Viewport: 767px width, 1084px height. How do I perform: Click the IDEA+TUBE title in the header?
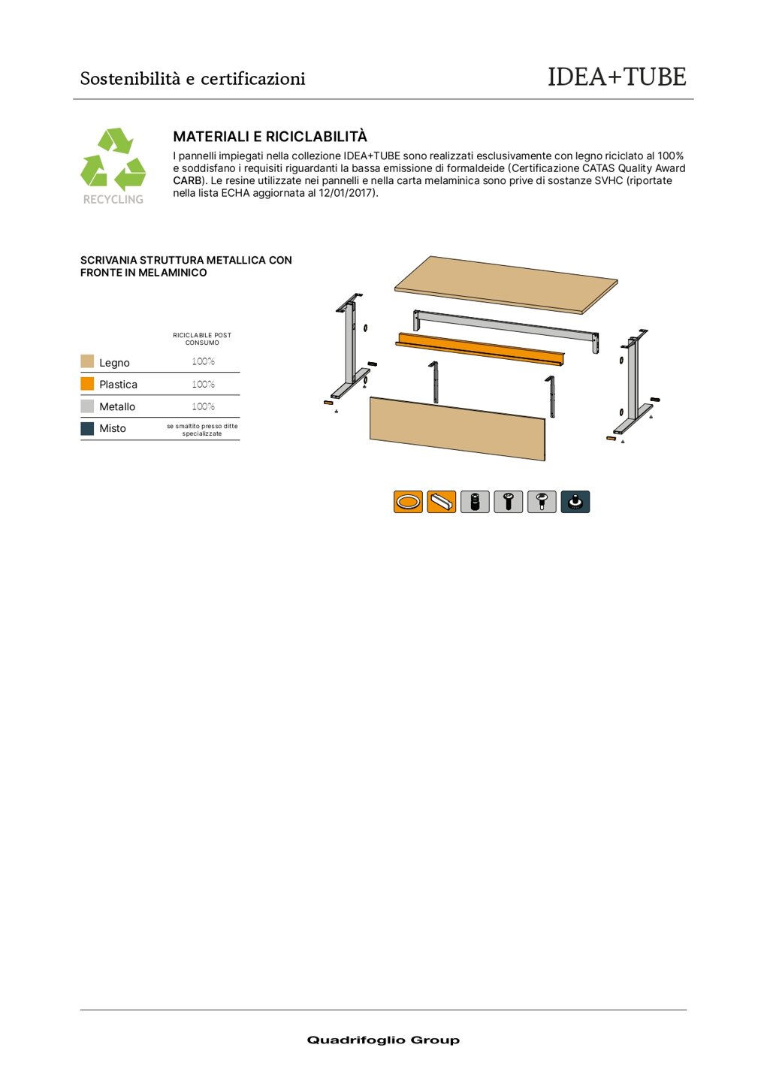616,77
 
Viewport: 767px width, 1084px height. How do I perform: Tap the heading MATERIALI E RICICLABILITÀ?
270,137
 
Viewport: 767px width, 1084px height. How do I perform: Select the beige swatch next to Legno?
87,362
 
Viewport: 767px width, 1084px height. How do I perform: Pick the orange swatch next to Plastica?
87,384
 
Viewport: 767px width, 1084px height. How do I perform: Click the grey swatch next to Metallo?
87,406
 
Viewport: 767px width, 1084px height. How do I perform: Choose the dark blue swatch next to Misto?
87,428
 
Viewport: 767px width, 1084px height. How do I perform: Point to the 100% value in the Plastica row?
203,384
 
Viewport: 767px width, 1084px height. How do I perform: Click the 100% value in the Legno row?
203,361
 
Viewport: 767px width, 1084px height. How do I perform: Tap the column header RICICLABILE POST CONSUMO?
202,339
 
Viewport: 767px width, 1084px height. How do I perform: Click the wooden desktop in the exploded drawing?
506,283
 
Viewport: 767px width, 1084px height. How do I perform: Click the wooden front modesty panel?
457,428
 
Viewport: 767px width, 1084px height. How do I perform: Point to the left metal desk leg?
350,346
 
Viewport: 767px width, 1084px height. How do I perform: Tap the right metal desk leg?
632,379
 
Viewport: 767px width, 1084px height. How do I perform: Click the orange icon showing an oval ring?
408,502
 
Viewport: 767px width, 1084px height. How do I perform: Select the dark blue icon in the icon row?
575,502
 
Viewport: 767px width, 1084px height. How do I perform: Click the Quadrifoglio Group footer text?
383,1040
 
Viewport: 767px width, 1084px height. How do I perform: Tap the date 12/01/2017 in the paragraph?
346,193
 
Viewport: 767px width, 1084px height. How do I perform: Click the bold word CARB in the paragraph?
188,181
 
